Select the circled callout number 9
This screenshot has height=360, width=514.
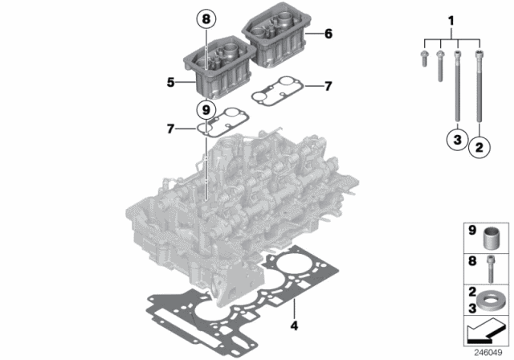point(206,108)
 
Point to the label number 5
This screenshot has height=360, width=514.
point(171,82)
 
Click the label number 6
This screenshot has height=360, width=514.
point(327,34)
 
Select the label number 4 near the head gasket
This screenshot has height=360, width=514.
point(294,326)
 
